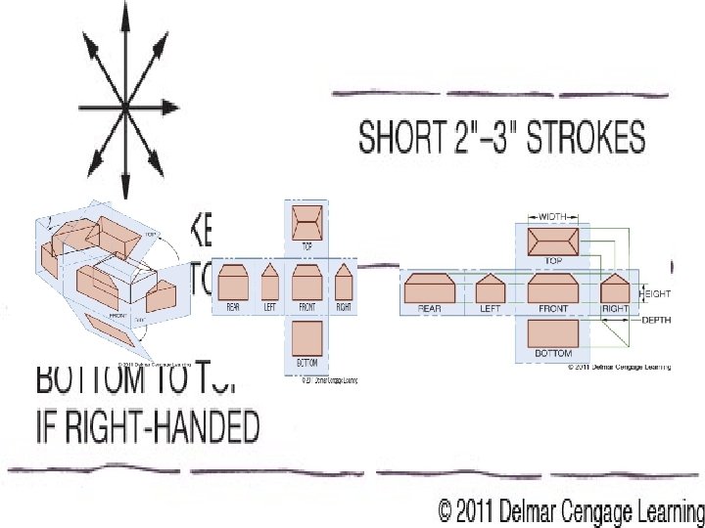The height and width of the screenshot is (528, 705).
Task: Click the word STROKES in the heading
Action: click(585, 138)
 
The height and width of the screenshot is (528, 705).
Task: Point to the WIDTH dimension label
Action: click(553, 216)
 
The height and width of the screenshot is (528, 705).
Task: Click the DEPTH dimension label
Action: click(656, 320)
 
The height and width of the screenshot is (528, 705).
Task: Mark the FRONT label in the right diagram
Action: click(553, 309)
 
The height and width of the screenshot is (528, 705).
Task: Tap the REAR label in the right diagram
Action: click(429, 309)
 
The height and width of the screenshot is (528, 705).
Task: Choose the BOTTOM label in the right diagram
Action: click(553, 352)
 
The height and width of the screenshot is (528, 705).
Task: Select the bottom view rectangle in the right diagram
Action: click(553, 333)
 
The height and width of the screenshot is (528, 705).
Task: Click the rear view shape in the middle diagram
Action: click(233, 285)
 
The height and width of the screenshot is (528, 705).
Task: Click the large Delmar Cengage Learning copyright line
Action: click(571, 510)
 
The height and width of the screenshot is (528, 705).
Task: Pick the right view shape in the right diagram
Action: click(615, 289)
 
